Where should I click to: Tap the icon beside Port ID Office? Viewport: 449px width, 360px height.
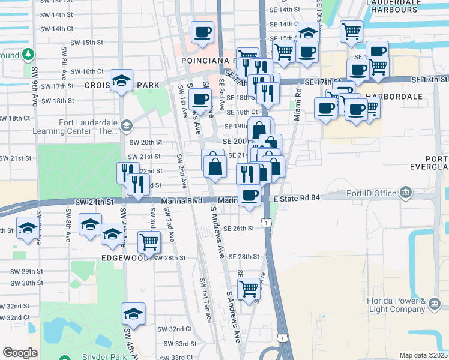coord(406,193)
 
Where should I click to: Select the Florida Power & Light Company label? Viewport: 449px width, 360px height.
coord(397,305)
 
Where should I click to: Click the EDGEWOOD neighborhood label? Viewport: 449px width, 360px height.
coord(125,257)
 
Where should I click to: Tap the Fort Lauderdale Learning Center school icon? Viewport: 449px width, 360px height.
coord(126,126)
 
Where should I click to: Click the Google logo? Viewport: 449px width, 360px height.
coord(20,353)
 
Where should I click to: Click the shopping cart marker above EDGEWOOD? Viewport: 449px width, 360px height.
coord(149,242)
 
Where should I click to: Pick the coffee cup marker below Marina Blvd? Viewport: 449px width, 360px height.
coord(249,194)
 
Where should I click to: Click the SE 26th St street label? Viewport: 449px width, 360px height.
coord(240,229)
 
